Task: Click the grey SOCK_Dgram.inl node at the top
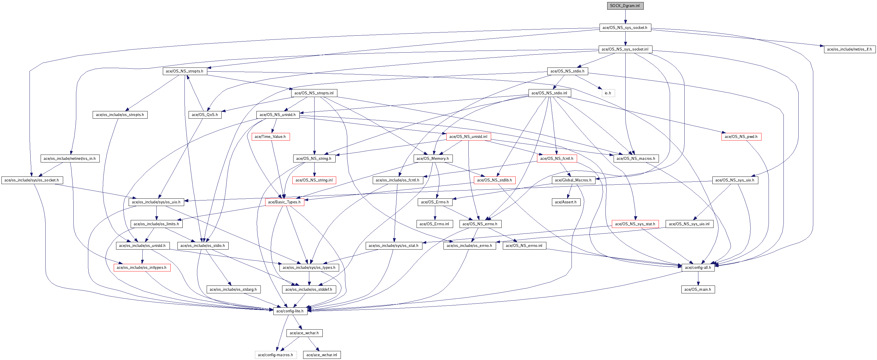[x=625, y=6]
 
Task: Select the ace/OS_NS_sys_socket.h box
[x=625, y=27]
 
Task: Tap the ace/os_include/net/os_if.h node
[x=849, y=49]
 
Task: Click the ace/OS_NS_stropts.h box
[x=184, y=71]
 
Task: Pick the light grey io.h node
[x=608, y=93]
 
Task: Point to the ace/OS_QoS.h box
[x=205, y=115]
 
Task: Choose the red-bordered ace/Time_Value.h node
[x=270, y=136]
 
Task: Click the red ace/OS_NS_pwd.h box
[x=741, y=136]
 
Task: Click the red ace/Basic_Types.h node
[x=284, y=202]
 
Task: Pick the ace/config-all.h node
[x=698, y=267]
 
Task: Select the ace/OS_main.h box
[x=698, y=289]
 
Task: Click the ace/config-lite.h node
[x=290, y=311]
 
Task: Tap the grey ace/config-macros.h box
[x=275, y=355]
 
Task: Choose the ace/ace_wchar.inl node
[x=322, y=355]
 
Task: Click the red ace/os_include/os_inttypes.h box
[x=141, y=267]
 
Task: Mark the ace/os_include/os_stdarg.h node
[x=233, y=289]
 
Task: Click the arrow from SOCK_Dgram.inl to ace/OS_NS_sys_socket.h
[x=625, y=17]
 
